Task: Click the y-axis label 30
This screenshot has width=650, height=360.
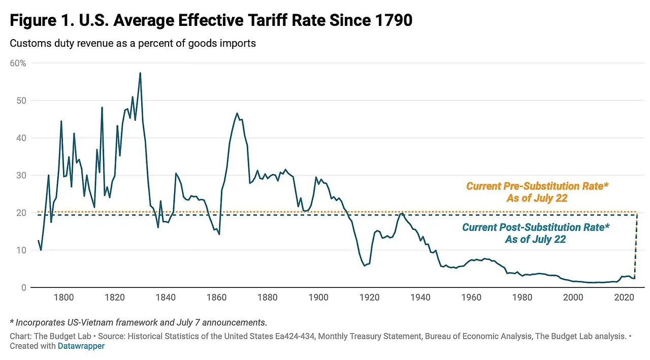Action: coord(21,175)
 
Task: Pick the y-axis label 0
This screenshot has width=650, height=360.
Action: coord(23,287)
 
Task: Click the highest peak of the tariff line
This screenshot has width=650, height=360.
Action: coord(140,73)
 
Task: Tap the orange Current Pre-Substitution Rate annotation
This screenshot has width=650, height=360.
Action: coord(537,192)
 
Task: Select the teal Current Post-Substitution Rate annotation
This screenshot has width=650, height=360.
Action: coord(535,233)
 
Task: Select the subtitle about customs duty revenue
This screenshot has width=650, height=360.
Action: coord(133,43)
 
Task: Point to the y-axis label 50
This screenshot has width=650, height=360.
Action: coord(21,101)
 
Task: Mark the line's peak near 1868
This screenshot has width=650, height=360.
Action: coord(237,113)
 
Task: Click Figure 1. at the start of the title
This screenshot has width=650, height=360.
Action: coord(39,21)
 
